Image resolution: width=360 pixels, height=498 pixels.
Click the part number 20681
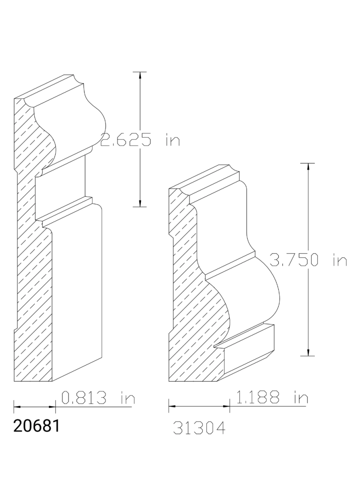coord(36,426)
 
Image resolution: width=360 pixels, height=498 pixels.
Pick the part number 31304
coord(199,428)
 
